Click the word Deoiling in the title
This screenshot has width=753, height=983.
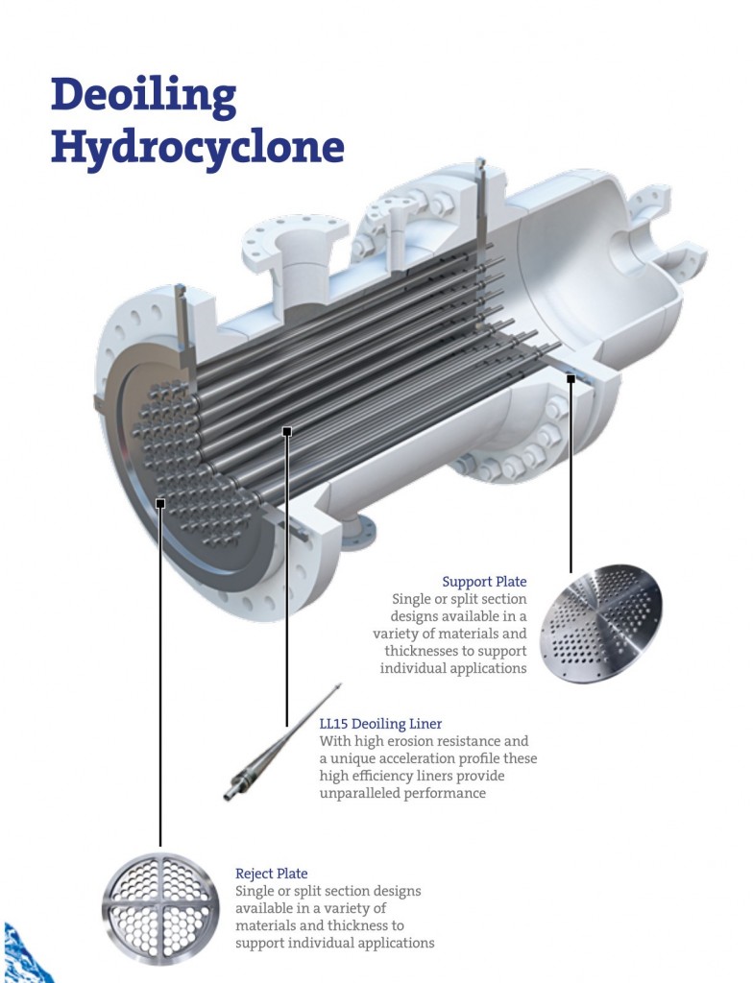pos(142,96)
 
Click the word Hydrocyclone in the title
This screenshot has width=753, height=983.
pos(197,148)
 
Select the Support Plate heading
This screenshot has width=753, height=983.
pos(484,582)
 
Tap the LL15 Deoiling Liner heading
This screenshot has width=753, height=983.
pos(380,724)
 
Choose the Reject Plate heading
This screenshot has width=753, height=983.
pos(272,874)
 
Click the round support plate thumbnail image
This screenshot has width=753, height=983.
pos(600,624)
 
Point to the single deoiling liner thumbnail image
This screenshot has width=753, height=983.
pos(283,743)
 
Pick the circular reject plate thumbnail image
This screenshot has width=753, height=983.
pos(161,908)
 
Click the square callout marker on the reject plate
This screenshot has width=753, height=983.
pos(160,502)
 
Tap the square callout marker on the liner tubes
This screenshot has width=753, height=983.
pos(286,432)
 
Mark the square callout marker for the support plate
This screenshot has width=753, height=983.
pos(571,379)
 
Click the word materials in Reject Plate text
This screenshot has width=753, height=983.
pos(270,925)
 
